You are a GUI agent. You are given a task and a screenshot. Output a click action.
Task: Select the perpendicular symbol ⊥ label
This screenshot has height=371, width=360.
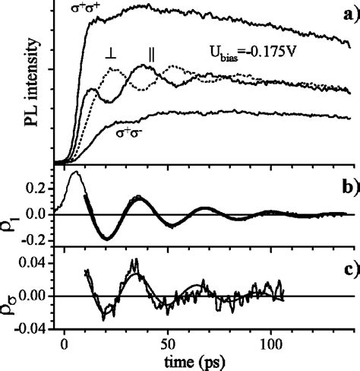(x=111, y=54)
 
